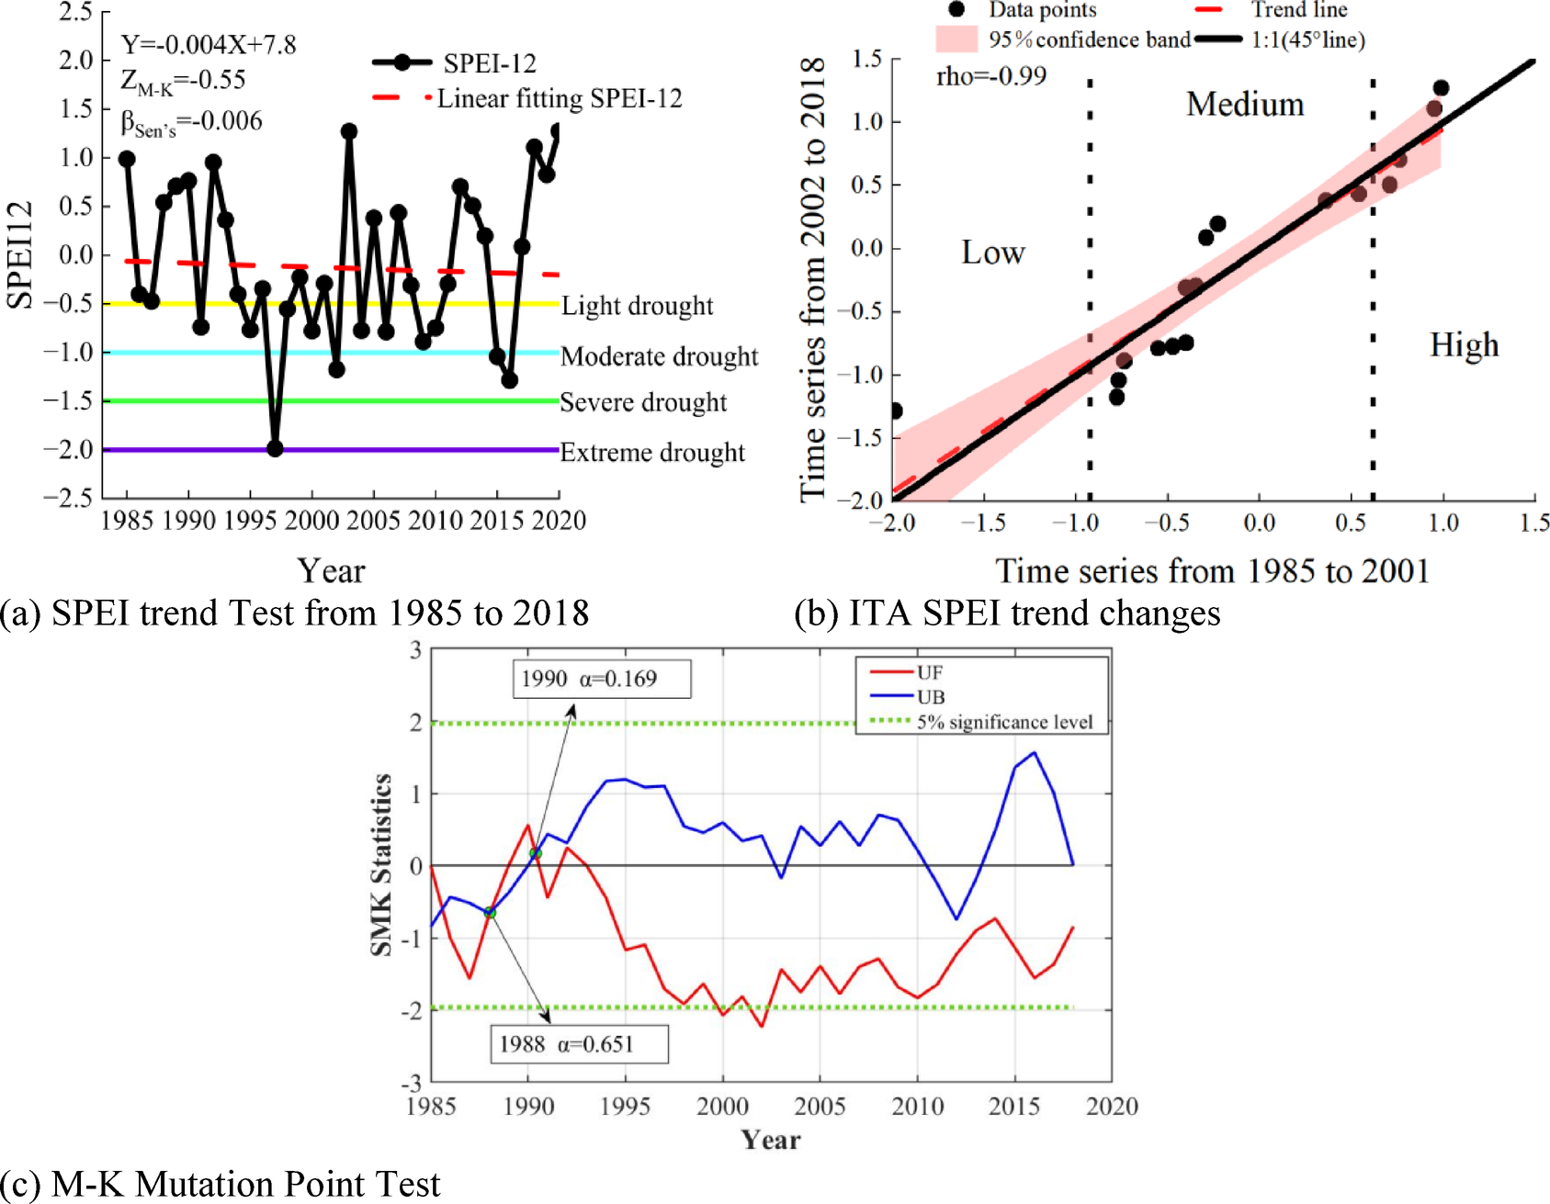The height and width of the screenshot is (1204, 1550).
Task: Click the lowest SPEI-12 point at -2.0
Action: tap(275, 448)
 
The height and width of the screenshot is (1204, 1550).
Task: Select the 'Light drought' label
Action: tap(637, 306)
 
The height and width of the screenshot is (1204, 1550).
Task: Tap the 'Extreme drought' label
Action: tap(652, 453)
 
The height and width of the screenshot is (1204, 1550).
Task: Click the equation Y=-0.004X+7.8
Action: tap(209, 45)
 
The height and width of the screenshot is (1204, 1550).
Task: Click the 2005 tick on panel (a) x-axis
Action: tap(373, 521)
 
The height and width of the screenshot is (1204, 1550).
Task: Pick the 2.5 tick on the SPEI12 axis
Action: tap(75, 12)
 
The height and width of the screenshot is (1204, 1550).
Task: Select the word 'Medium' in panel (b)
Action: tap(1245, 105)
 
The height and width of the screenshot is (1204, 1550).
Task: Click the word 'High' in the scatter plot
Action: tap(1464, 345)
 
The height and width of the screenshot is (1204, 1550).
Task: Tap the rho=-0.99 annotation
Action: tap(991, 76)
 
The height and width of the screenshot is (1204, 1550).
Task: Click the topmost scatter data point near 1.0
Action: tap(1441, 88)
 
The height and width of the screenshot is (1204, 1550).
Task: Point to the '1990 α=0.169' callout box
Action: tap(601, 679)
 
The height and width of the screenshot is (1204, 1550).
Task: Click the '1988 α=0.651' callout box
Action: tap(578, 1044)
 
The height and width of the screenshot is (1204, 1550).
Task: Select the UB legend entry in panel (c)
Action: tap(931, 697)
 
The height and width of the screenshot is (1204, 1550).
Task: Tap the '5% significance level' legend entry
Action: tap(1004, 722)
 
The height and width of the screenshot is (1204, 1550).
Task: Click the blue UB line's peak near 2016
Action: tap(1035, 753)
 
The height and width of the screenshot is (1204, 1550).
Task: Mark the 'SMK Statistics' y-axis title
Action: tap(381, 864)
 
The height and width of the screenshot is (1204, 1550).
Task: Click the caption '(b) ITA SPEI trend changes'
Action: tap(1007, 613)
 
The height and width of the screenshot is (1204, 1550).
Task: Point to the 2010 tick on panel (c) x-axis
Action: tap(917, 1107)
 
